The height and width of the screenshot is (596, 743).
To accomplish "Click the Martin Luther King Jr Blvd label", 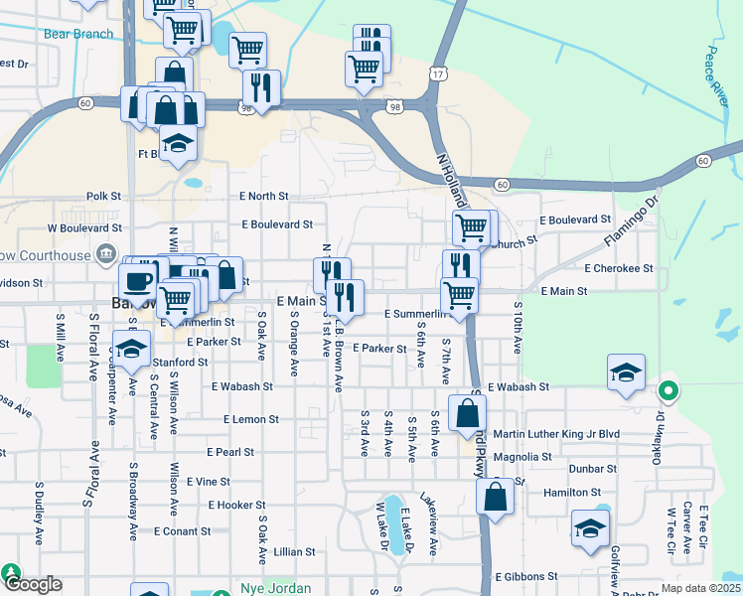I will click(570, 434).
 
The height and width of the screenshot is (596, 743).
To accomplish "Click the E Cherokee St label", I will click(619, 268).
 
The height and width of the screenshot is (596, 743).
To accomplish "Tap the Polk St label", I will click(103, 197).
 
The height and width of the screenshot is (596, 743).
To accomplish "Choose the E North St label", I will click(263, 197).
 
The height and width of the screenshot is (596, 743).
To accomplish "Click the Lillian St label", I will click(294, 551).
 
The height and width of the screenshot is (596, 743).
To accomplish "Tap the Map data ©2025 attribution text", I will click(701, 589).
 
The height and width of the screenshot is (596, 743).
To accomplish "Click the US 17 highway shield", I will click(438, 74).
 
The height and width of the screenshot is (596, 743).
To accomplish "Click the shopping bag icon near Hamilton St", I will click(496, 496).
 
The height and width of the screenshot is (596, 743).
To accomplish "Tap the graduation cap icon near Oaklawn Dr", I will click(626, 372).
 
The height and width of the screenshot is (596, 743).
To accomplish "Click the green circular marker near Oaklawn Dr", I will click(669, 391).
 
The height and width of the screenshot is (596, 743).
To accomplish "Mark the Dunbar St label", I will click(593, 468).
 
